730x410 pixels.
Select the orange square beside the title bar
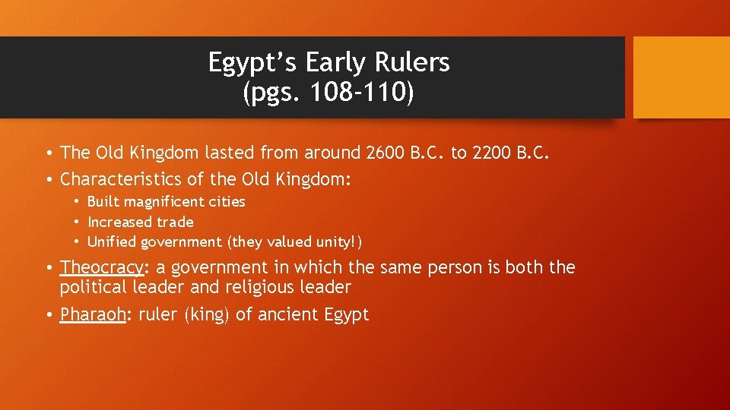pos(681,77)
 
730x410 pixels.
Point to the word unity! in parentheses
pos(338,242)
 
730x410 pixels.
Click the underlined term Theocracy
pos(102,268)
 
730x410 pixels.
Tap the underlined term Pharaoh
pos(92,314)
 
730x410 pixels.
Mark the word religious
pos(250,288)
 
